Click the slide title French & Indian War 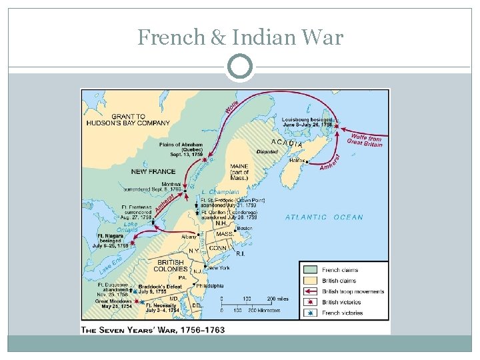(240, 37)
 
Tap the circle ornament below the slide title (240, 67)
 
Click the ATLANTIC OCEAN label (324, 217)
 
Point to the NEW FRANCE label (153, 171)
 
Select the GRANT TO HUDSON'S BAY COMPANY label (128, 119)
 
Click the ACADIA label (287, 143)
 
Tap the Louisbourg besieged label (307, 121)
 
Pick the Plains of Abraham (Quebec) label (181, 149)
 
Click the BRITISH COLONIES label (171, 265)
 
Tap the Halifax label (297, 160)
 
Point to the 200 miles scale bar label (277, 299)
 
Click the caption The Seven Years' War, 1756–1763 (153, 329)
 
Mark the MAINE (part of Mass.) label (238, 170)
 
